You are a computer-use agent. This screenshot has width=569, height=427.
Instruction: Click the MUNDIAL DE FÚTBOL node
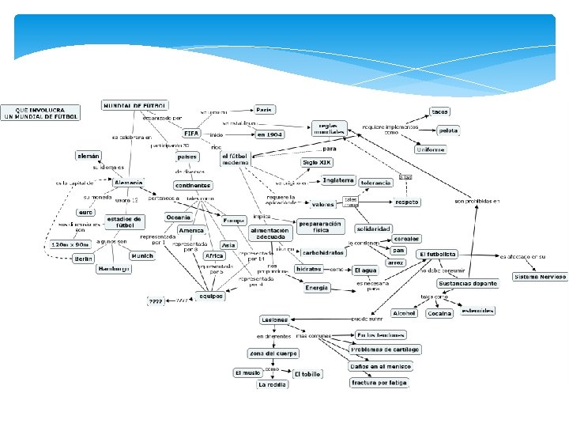(134, 105)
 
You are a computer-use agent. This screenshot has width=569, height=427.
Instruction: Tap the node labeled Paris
(265, 110)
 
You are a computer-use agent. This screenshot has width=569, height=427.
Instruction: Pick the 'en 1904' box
(269, 134)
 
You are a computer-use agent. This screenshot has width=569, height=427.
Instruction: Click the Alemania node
(129, 183)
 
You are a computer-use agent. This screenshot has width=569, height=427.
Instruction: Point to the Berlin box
(84, 259)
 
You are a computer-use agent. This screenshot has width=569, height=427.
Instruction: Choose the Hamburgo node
(114, 269)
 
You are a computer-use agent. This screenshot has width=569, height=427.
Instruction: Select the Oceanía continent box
(178, 217)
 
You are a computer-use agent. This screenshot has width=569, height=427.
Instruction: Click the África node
(214, 256)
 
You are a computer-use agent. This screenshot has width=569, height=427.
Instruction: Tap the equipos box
(209, 297)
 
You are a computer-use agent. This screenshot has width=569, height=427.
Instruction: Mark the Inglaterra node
(338, 180)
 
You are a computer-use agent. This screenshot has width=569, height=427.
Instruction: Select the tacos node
(440, 111)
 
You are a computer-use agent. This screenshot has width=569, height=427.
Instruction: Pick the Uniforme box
(431, 149)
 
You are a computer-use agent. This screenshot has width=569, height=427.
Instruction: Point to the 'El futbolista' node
(437, 254)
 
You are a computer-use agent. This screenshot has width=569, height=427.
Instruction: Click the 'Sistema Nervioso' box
(539, 277)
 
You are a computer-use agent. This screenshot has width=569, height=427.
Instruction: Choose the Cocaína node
(439, 313)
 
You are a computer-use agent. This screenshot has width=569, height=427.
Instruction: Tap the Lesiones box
(274, 319)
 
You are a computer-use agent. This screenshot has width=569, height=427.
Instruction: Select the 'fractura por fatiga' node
(379, 383)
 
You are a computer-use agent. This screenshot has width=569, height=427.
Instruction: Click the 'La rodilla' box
(273, 385)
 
